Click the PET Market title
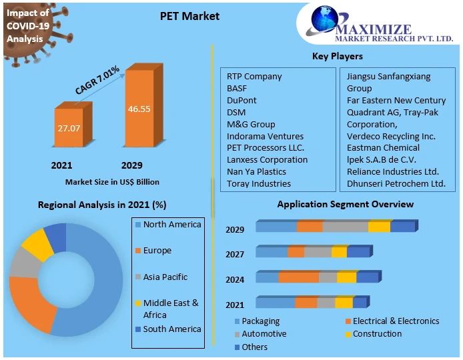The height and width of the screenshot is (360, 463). click(190, 16)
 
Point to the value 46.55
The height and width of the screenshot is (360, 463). click(139, 108)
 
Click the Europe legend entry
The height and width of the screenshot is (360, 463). click(157, 251)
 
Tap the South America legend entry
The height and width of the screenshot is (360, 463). click(171, 329)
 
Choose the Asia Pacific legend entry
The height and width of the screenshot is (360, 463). click(165, 277)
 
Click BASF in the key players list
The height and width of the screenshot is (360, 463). click(237, 88)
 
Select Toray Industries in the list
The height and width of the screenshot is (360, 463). click(259, 183)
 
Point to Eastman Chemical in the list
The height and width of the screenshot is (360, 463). click(383, 148)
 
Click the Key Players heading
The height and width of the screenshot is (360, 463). click(338, 56)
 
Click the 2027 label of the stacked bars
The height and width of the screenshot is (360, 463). click(235, 254)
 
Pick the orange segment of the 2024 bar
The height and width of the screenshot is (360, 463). click(299, 277)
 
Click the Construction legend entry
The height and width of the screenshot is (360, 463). click(377, 333)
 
